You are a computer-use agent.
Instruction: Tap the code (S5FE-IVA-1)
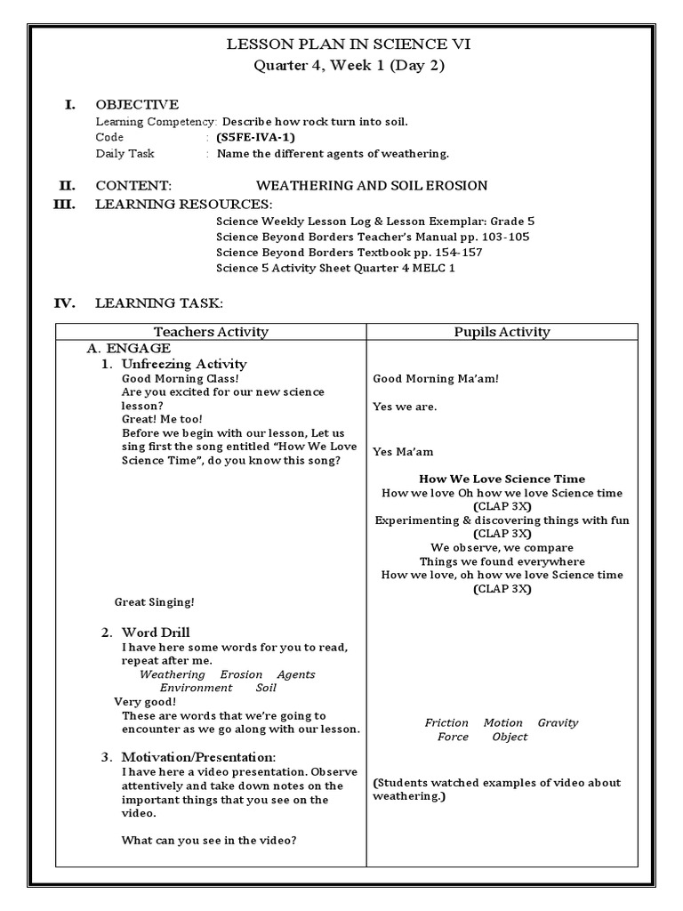click(254, 137)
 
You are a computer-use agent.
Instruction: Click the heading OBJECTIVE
click(137, 104)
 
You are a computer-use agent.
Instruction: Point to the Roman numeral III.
click(66, 204)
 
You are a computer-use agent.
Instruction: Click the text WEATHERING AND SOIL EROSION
click(372, 185)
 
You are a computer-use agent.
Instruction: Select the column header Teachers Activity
click(211, 332)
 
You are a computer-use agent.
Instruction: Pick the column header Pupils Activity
click(502, 332)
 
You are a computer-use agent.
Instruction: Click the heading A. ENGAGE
click(128, 349)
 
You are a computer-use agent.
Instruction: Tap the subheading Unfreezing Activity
click(184, 364)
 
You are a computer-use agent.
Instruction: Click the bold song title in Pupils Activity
click(502, 479)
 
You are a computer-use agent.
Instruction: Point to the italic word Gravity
click(558, 722)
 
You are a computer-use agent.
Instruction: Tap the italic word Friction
click(446, 722)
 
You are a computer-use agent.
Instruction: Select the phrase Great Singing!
click(154, 602)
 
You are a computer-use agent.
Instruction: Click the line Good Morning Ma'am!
click(436, 379)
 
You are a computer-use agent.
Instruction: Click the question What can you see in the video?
click(209, 841)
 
